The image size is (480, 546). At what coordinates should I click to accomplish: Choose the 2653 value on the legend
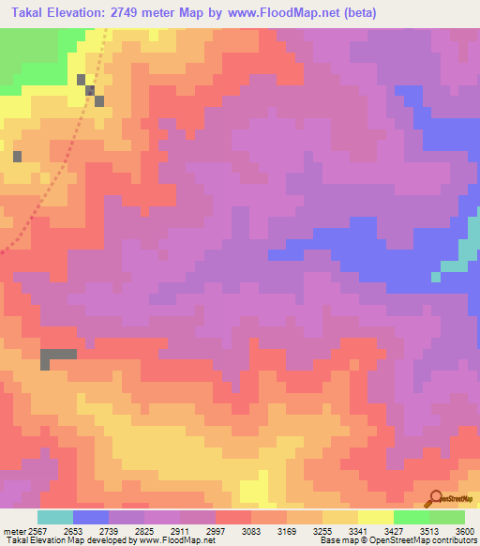[71, 530]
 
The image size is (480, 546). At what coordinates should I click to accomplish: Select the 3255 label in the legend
[322, 530]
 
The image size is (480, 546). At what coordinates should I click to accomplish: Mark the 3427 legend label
[394, 530]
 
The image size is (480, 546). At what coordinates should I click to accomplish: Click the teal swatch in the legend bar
[54, 517]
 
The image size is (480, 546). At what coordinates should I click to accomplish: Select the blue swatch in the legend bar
[90, 517]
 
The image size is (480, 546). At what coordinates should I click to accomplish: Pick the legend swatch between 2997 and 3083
[232, 517]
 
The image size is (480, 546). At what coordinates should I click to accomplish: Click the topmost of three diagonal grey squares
[82, 81]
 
